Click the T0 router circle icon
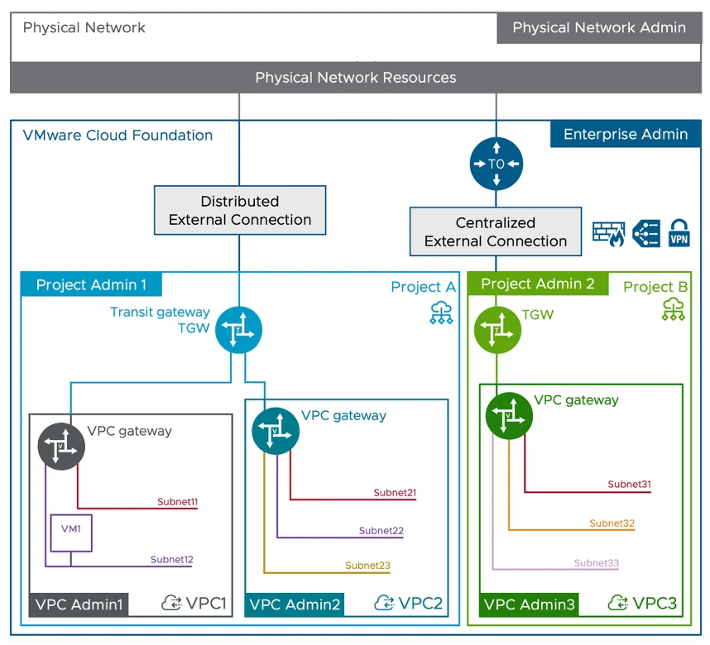(497, 164)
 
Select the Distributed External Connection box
(240, 211)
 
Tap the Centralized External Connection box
(496, 232)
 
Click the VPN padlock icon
(679, 233)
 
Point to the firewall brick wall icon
(608, 234)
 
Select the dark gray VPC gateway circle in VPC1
(61, 447)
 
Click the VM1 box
(70, 533)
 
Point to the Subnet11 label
(177, 502)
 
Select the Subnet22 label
(381, 531)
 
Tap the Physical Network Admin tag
(599, 28)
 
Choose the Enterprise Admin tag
(625, 135)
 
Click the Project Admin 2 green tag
(537, 284)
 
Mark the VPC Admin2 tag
(295, 604)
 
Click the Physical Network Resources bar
(355, 78)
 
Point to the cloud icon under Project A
(441, 313)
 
